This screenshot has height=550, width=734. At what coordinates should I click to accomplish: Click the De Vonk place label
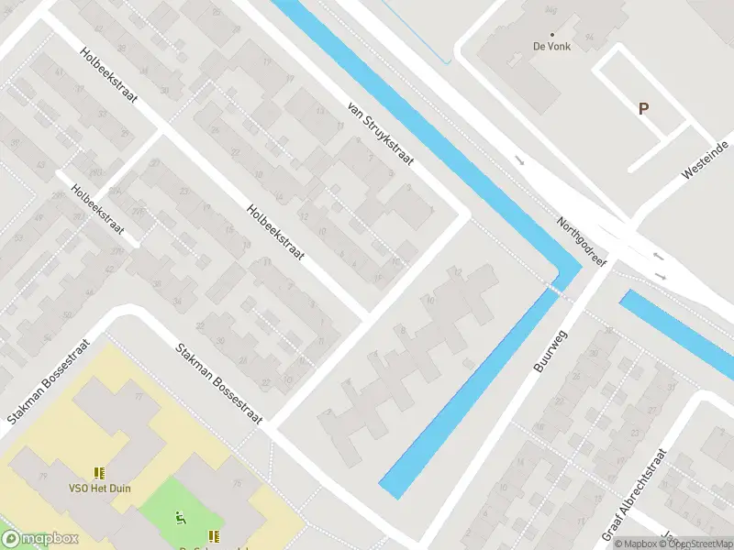pos(551,46)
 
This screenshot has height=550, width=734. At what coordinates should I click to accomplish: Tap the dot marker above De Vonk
pos(552,34)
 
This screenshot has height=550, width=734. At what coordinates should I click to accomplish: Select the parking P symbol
pos(643,108)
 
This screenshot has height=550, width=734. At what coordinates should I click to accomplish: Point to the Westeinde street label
pos(705,160)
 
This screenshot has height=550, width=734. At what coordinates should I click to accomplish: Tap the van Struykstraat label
pos(381,133)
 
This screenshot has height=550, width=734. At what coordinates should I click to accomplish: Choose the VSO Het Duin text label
pos(99,489)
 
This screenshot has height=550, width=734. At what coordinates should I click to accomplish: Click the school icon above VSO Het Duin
pos(99,474)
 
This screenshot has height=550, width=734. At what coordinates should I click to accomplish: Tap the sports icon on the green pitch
pos(181,520)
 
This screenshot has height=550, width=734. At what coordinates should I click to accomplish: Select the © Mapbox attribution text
pos(637,544)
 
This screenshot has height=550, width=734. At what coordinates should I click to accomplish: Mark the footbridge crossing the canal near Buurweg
pos(554,289)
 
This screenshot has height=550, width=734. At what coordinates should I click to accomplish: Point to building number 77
pos(139,396)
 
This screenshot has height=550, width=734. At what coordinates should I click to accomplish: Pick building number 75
pos(238,483)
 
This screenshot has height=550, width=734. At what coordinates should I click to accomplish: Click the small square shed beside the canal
pos(468,364)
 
